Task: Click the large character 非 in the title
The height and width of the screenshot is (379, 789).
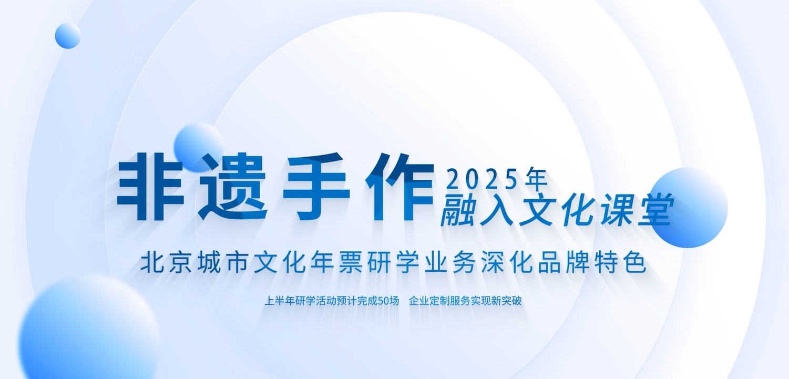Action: [x=150, y=186]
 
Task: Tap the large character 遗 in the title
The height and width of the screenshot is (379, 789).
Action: [x=232, y=186]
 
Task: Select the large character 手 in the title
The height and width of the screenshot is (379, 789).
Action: [x=316, y=186]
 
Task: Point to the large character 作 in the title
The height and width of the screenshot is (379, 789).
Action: [x=399, y=186]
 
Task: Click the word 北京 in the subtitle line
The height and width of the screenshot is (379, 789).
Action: [x=166, y=262]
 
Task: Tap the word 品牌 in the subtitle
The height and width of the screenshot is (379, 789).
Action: [x=563, y=262]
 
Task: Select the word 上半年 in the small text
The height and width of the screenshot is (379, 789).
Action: [x=279, y=301]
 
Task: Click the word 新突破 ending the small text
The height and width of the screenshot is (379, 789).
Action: [x=507, y=301]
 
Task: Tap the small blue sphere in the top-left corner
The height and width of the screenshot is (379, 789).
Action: [x=68, y=36]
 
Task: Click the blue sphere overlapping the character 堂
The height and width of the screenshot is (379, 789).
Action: [x=688, y=208]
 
